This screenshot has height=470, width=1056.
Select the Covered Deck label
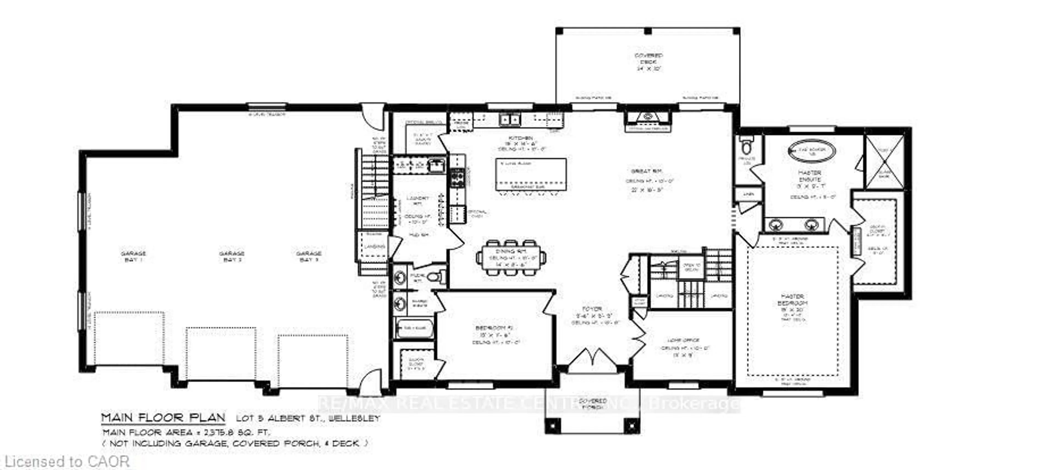pos(648,62)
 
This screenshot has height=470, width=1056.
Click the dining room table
pos(511,258)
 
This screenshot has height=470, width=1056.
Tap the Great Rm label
pos(647,171)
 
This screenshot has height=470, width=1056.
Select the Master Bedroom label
pos(792,300)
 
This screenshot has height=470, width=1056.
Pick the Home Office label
pos(683,340)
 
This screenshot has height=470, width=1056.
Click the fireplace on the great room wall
pos(648,119)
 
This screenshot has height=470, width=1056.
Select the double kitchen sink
pos(510,120)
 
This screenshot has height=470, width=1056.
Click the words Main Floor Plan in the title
pos(163,418)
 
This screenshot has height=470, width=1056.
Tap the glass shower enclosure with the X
pos(884,162)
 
